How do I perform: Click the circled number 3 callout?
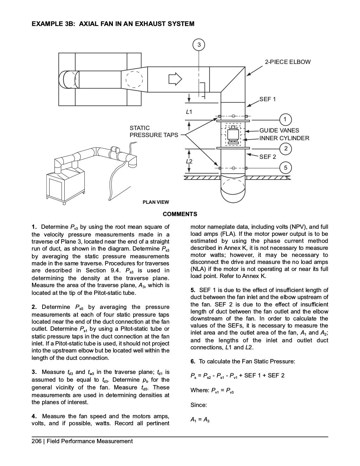point(199,45)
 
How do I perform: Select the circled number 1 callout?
point(285,119)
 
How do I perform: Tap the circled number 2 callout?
point(285,148)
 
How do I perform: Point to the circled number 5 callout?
point(285,168)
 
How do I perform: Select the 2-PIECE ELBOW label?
point(288,62)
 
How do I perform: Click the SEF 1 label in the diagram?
point(268,99)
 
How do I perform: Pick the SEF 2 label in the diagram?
point(268,157)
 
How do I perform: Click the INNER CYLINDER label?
point(284,138)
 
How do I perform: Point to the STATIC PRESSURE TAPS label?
point(154,131)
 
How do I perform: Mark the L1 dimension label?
point(189,112)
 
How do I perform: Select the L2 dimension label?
point(189,161)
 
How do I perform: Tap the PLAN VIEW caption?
point(155,202)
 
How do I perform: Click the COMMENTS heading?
point(180,214)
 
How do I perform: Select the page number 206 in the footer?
point(36,441)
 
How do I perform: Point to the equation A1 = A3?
point(200,420)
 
